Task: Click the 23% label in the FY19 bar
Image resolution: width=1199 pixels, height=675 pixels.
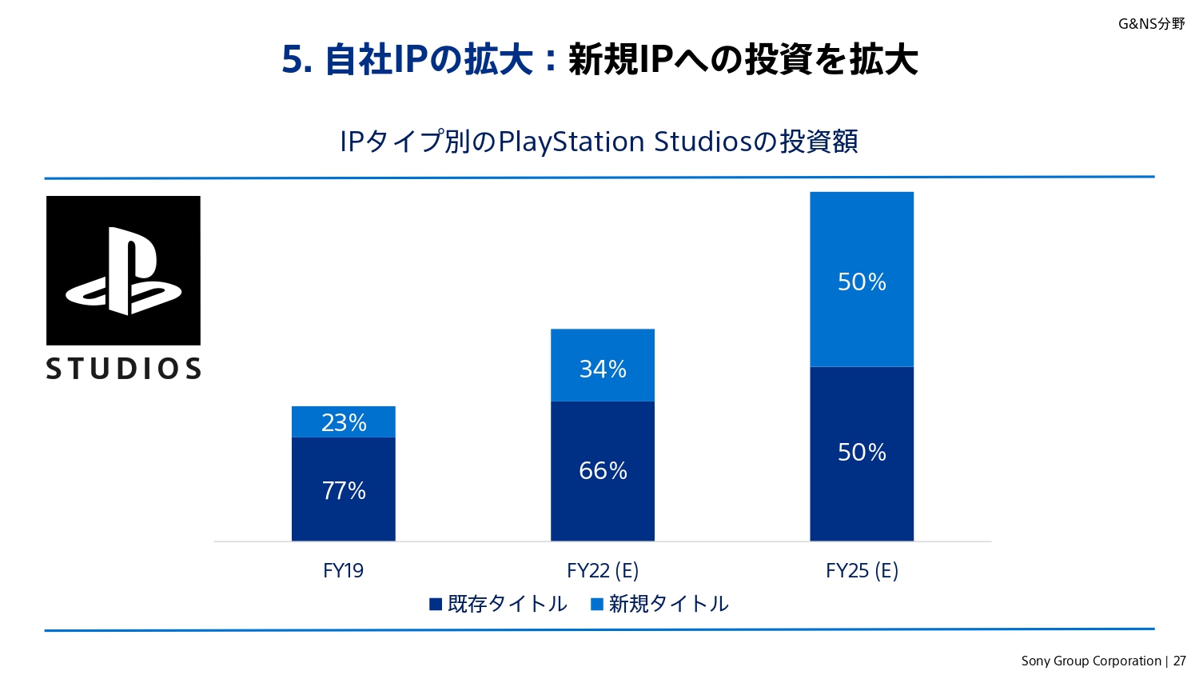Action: [344, 422]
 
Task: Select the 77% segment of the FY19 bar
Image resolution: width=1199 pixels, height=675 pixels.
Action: [344, 489]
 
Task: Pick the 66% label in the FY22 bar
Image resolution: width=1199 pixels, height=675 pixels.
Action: [603, 470]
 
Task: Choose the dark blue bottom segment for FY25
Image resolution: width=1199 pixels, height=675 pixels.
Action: [862, 453]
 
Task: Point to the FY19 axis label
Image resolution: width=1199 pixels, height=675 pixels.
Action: [343, 571]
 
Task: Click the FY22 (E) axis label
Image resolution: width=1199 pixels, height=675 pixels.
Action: [603, 571]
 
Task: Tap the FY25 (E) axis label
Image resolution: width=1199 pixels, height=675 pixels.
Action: [862, 571]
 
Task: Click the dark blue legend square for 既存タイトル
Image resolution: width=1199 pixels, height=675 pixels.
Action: [436, 605]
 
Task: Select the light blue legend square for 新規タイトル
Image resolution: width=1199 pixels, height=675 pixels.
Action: [597, 605]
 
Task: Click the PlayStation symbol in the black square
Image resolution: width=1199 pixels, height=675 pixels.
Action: [123, 270]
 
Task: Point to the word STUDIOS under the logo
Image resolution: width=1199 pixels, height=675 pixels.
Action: [123, 369]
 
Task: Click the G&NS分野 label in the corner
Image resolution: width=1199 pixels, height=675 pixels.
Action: [1151, 24]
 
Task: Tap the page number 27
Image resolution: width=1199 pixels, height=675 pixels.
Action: [1180, 661]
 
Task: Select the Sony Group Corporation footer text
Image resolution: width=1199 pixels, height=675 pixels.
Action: [1090, 661]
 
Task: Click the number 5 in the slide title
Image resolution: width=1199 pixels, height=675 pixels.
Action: [293, 60]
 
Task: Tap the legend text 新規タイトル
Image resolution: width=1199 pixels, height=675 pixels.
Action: [668, 604]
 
